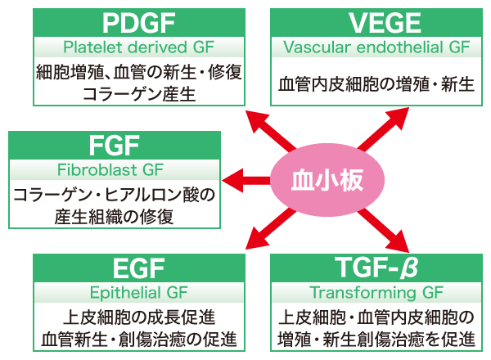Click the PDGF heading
[139, 20]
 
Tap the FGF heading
[114, 146]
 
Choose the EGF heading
[139, 268]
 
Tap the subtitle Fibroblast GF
[114, 171]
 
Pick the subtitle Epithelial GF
[139, 292]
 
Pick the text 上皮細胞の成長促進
[139, 317]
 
